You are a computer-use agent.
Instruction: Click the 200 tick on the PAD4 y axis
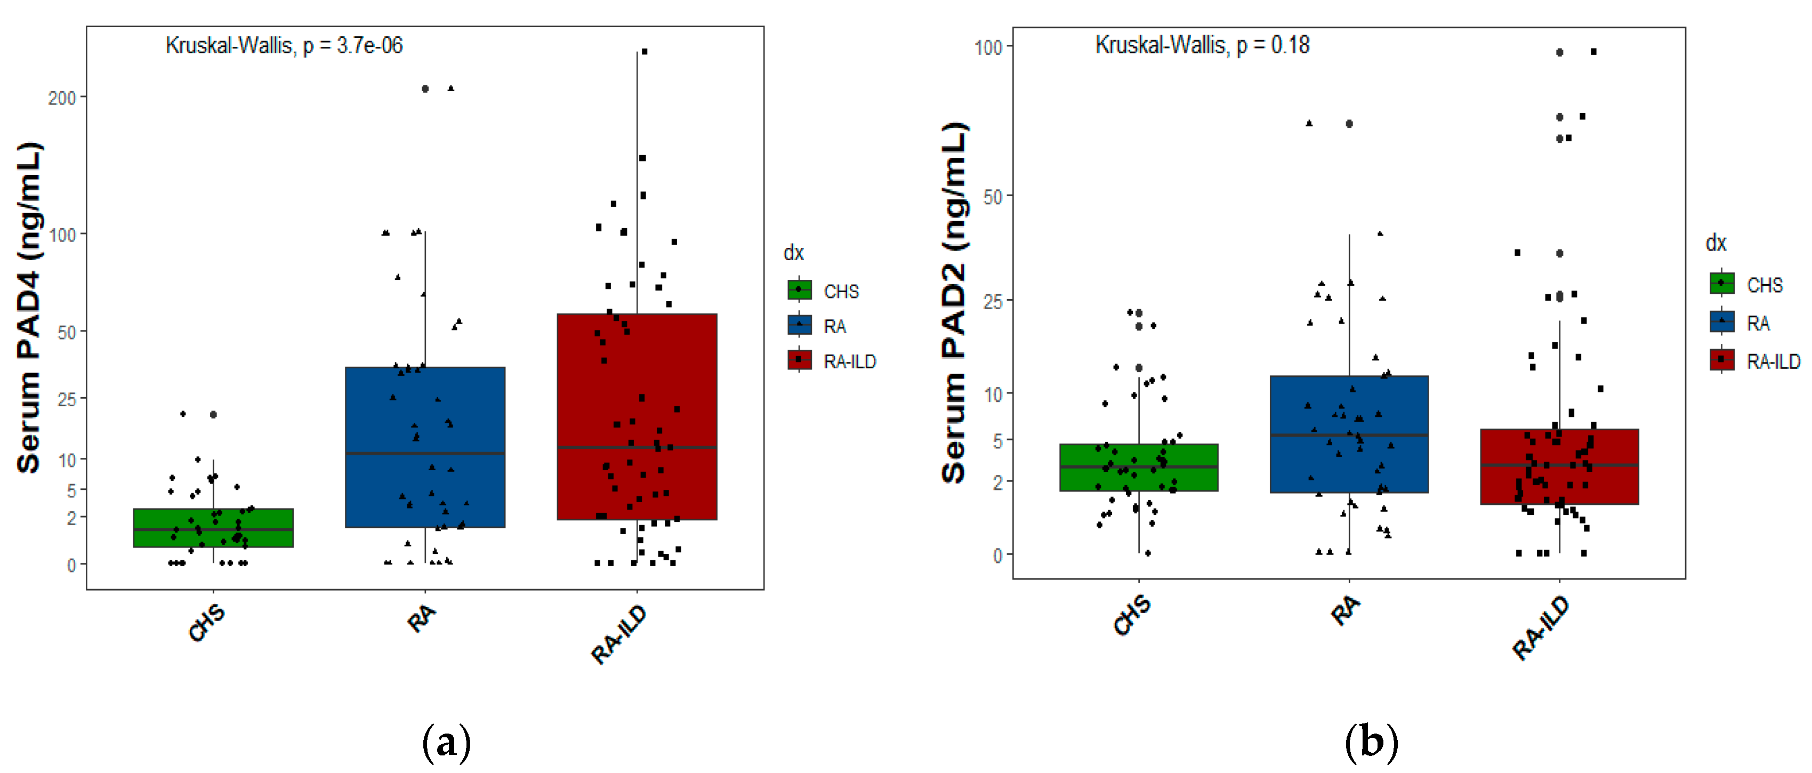click(x=62, y=98)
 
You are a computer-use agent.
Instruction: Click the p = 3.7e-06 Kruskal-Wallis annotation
click(x=284, y=46)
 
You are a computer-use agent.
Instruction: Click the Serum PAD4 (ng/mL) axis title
click(x=29, y=308)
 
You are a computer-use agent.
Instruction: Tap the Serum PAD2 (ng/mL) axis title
click(x=955, y=302)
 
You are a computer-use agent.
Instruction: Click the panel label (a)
click(x=446, y=743)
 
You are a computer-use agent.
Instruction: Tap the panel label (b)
click(x=1371, y=743)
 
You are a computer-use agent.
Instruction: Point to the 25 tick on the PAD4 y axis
click(x=67, y=399)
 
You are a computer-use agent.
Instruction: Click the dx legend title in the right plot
click(x=1716, y=244)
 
